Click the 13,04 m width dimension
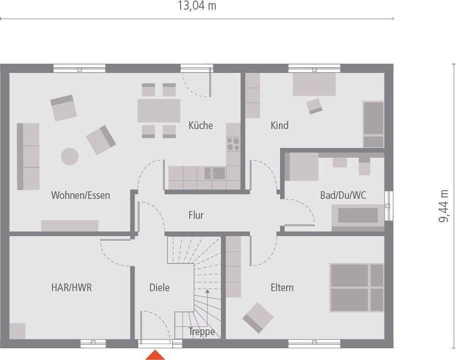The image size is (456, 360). point(196,6)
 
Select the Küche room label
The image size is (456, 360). point(201,125)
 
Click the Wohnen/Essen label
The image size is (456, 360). point(81,195)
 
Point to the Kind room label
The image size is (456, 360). point(280,125)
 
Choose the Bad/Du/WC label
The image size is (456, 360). point(343,195)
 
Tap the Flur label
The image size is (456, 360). point(196,215)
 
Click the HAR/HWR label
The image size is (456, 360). point(71,287)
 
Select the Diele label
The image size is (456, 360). point(159,287)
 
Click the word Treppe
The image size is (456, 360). point(202,332)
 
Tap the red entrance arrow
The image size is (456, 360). point(155,355)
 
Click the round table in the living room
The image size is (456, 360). point(69,156)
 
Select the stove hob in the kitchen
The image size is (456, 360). point(233,144)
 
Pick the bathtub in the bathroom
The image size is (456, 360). point(358,215)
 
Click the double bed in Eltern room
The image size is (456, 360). point(356,287)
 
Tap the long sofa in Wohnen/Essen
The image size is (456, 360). point(28,156)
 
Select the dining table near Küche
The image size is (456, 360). point(159,111)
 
